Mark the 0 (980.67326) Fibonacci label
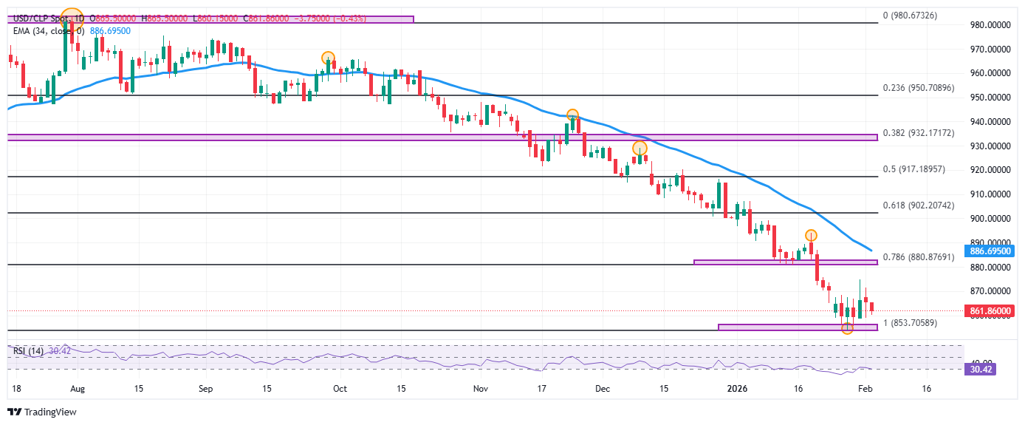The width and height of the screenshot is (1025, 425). point(910,15)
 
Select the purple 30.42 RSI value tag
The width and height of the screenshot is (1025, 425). point(981,369)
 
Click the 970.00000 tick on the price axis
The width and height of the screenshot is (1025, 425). point(990,50)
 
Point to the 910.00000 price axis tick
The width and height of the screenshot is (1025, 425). point(990,194)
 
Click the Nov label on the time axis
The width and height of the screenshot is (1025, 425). point(480,388)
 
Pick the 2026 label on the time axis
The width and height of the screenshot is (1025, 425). point(738,388)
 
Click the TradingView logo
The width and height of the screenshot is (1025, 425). point(42,412)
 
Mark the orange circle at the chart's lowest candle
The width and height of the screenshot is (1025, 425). point(847,328)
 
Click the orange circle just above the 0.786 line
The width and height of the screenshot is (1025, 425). point(810,235)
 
